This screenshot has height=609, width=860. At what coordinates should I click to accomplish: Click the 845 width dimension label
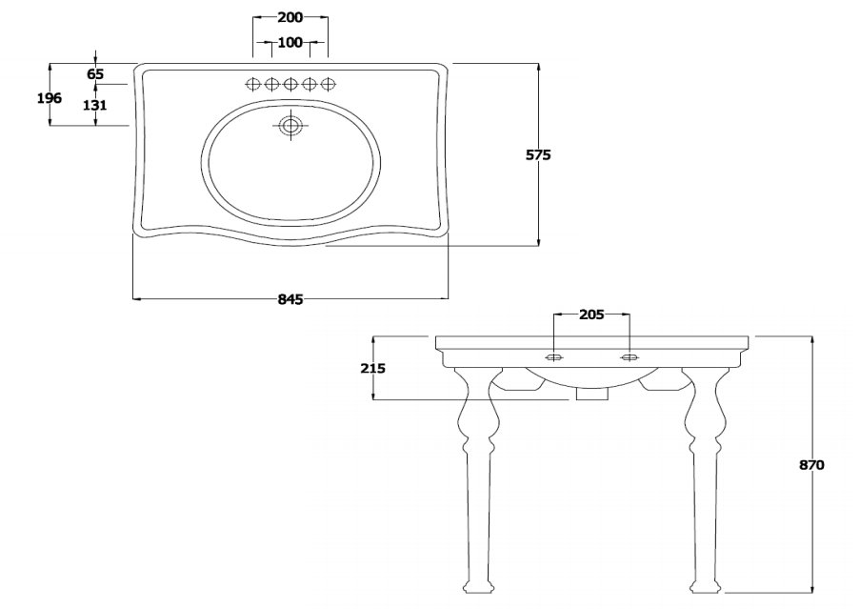[290, 299]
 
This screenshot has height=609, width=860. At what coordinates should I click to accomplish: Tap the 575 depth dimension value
[538, 155]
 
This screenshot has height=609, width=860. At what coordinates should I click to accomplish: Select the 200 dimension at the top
[290, 17]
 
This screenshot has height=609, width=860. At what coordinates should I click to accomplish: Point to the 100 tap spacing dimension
[290, 42]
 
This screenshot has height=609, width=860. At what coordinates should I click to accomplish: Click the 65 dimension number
[95, 74]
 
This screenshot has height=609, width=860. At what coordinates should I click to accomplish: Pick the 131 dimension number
[95, 105]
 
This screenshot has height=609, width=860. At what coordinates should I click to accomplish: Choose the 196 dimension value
[50, 98]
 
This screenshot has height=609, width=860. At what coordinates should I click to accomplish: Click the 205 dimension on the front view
[591, 315]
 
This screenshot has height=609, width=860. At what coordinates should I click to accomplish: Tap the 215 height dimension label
[373, 368]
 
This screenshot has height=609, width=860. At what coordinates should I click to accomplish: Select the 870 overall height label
[811, 465]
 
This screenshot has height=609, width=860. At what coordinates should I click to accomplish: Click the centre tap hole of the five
[290, 84]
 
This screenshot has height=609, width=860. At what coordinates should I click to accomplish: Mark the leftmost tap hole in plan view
[252, 84]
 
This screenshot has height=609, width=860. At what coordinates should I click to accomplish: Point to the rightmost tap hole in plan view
[328, 84]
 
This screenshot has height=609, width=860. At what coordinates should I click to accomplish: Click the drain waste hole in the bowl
[290, 126]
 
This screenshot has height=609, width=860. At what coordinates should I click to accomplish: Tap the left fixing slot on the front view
[554, 358]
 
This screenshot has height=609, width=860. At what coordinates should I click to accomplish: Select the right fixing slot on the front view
[630, 358]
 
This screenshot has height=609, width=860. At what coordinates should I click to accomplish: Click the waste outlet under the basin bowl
[592, 394]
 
